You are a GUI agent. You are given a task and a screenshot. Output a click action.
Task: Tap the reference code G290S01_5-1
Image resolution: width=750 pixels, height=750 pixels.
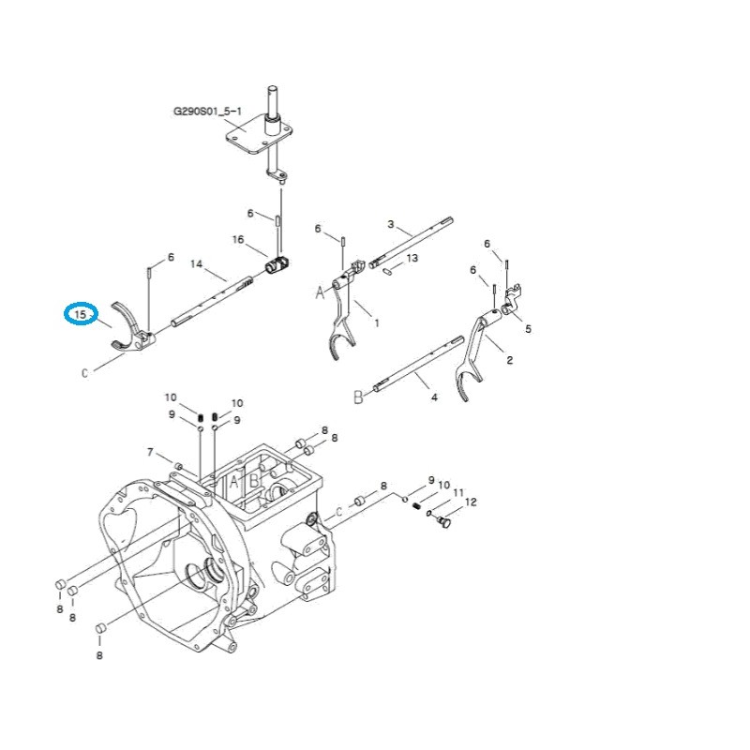pos(207,111)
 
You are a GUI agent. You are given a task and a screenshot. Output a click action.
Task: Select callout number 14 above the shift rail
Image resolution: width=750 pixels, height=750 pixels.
pos(197,263)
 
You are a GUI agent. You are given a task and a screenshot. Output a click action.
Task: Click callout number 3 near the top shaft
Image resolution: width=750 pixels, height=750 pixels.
pos(391,224)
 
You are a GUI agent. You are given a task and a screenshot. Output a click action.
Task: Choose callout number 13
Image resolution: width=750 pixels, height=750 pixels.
pos(412,258)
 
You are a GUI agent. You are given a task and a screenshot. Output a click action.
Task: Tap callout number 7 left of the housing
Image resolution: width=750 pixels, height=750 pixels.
pos(149,453)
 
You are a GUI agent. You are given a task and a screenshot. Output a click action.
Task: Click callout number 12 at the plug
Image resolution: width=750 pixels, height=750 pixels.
pos(471,502)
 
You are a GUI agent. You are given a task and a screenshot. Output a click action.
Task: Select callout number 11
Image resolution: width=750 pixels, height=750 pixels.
pos(457,493)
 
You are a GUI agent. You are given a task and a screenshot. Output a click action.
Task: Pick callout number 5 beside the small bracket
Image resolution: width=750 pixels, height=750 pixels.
pos(528,329)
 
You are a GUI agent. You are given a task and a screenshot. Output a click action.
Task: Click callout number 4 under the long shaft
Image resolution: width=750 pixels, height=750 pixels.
pos(433,397)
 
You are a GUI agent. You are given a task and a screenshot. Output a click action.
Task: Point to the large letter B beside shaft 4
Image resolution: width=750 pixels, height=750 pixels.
pos(357,397)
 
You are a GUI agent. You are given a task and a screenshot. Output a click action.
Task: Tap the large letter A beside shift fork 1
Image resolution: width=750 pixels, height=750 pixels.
pos(319,293)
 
